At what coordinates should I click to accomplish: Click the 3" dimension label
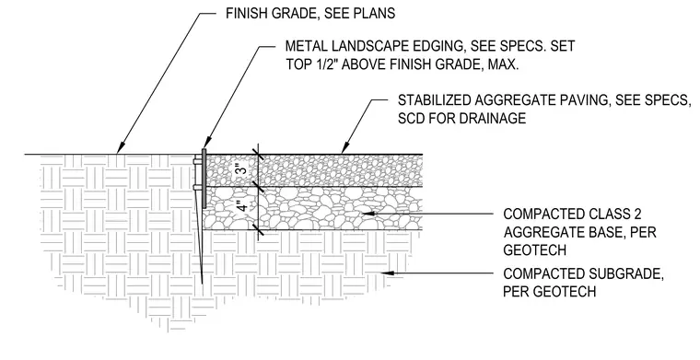point(241,170)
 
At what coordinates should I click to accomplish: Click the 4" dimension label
point(241,207)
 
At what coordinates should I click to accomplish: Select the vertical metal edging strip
point(204,179)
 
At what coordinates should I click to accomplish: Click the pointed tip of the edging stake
point(202,283)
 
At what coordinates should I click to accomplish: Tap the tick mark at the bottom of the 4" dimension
point(258,230)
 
